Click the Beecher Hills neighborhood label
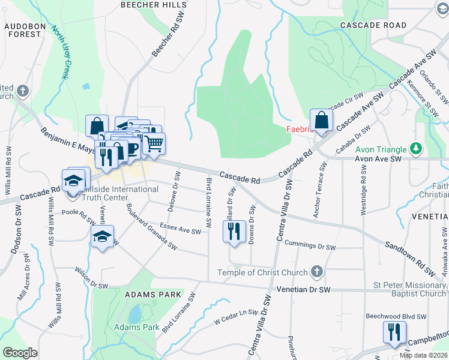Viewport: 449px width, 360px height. coord(153,5)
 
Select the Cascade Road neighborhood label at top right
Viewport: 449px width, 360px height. coord(373,25)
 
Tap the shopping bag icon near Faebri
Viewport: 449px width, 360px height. coord(321,121)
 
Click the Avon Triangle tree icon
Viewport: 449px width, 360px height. coord(415,148)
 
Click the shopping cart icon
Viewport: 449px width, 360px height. coord(154,144)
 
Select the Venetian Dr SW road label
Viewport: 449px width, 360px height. coord(304,289)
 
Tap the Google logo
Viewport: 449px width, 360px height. coord(20,353)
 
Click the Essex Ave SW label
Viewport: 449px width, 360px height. coord(180,230)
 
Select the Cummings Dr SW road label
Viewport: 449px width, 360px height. coord(309,245)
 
